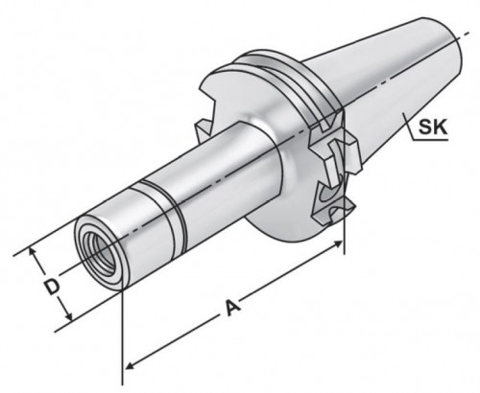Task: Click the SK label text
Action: pos(433,127)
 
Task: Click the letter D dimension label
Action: pos(52,287)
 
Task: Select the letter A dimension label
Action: pos(232,308)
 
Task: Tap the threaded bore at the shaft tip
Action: pos(100,253)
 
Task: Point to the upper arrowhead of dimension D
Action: pos(33,252)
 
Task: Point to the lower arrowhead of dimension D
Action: pos(68,315)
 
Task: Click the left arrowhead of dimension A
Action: pos(129,365)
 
